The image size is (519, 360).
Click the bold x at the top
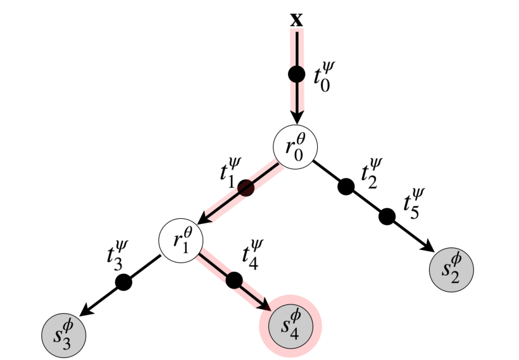coord(296,20)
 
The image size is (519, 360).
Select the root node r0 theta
coord(295,146)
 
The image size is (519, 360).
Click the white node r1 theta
coord(180,241)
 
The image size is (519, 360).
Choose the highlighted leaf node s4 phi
coord(291,325)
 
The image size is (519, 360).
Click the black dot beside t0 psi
coord(296,74)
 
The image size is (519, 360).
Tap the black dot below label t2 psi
coord(346,187)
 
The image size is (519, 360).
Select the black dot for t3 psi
coord(124,282)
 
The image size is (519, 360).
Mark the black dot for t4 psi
coord(234,279)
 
